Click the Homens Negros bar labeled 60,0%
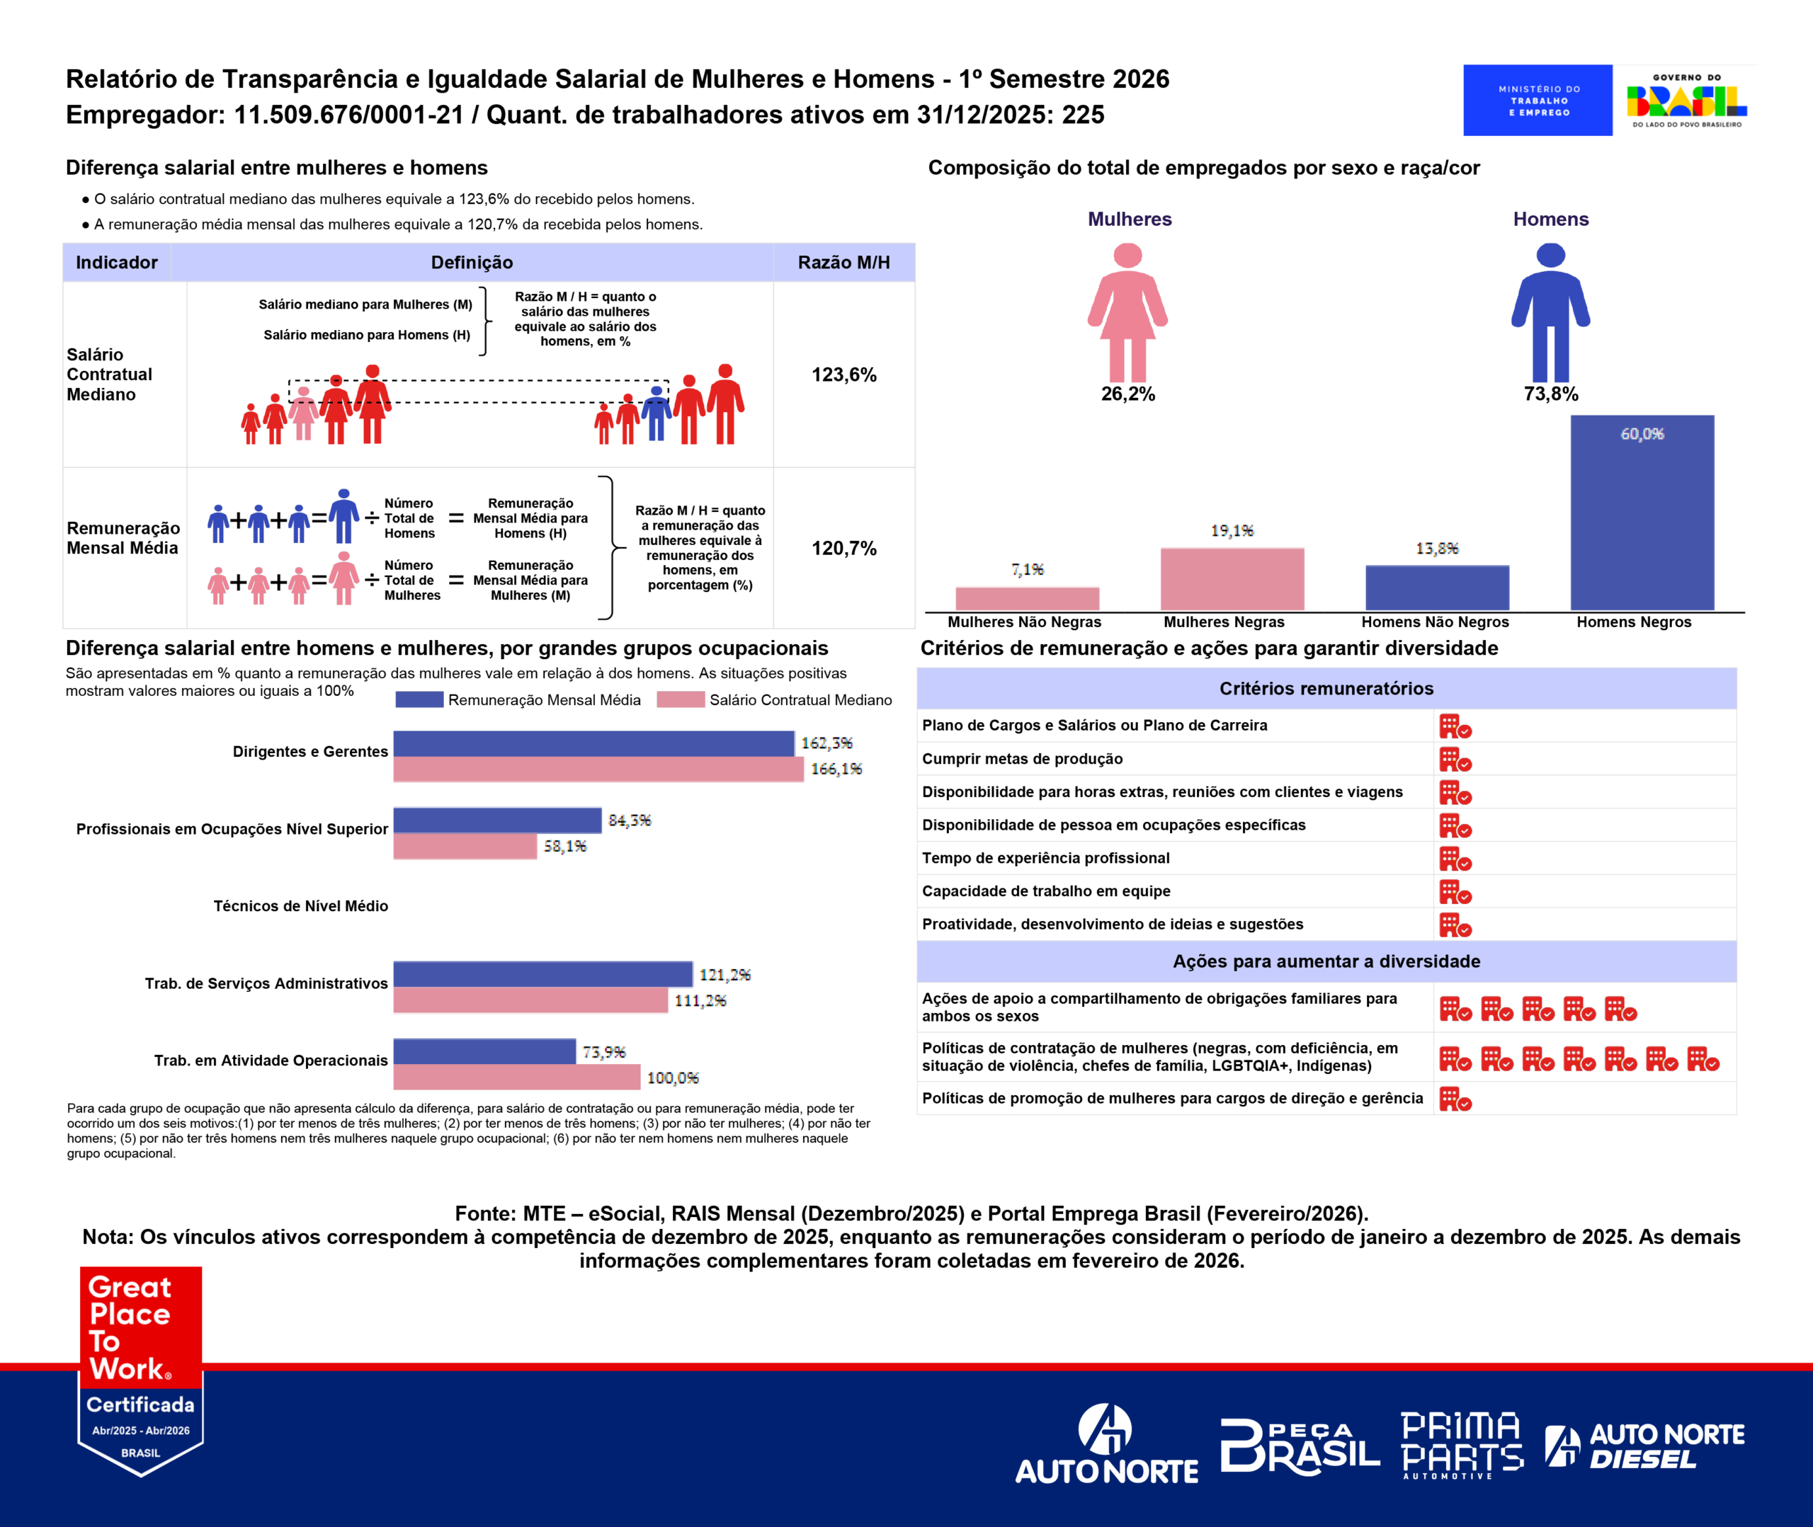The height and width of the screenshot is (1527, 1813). (x=1642, y=513)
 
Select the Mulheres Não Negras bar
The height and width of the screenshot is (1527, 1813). (x=1027, y=598)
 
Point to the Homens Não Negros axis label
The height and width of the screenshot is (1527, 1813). (x=1435, y=622)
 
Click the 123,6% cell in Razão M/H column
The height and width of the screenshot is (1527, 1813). (x=843, y=374)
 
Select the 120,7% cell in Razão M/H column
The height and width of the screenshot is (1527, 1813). (x=843, y=548)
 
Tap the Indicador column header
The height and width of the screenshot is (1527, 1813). (x=117, y=263)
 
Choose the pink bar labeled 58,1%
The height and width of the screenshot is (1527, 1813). (x=465, y=847)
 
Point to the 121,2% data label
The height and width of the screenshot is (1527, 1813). (x=724, y=975)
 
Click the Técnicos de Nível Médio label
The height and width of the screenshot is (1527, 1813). (x=300, y=905)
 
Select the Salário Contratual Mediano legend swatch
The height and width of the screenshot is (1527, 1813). (x=680, y=699)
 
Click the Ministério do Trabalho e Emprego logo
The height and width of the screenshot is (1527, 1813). (x=1538, y=101)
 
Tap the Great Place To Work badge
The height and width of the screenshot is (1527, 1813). (x=141, y=1368)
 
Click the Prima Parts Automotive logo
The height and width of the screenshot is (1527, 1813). (x=1462, y=1445)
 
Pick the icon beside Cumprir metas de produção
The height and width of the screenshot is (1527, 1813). (x=1455, y=760)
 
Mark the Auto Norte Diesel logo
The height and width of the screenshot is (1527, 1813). (x=1644, y=1446)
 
